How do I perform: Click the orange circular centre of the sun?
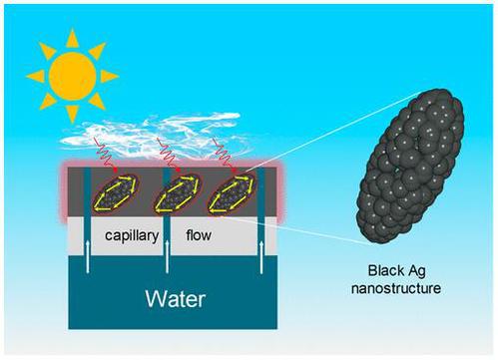point(73,77)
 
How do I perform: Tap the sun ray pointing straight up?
point(72,39)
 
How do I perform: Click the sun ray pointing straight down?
point(72,114)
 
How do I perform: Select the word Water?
point(176,299)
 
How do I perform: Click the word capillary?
point(132,235)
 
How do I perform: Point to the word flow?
point(199,235)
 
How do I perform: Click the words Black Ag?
point(396,271)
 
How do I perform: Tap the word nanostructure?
point(396,288)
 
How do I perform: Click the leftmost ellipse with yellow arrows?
point(115,193)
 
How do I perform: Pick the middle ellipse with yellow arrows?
point(178,193)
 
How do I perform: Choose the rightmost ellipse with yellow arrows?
point(232,193)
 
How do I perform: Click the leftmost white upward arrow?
point(88,256)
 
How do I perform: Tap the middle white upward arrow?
point(167,256)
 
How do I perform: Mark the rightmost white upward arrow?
point(261,257)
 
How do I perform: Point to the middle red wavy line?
point(168,155)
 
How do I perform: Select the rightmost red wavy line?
point(224,155)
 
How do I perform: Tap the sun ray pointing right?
point(109,77)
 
